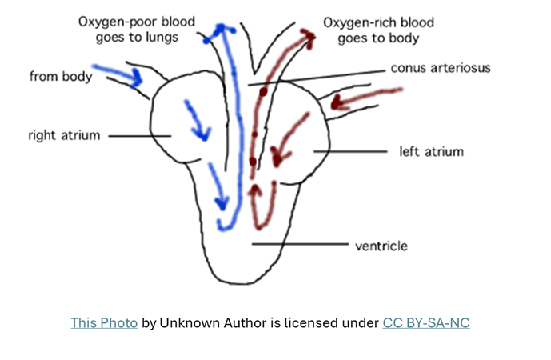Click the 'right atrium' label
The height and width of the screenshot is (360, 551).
[63, 135]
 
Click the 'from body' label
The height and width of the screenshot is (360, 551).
[61, 77]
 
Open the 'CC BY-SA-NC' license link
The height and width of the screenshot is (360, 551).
[425, 323]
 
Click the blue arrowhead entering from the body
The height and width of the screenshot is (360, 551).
[137, 78]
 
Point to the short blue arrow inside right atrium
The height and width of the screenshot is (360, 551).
[197, 120]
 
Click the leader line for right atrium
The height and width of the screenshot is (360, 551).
[140, 136]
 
